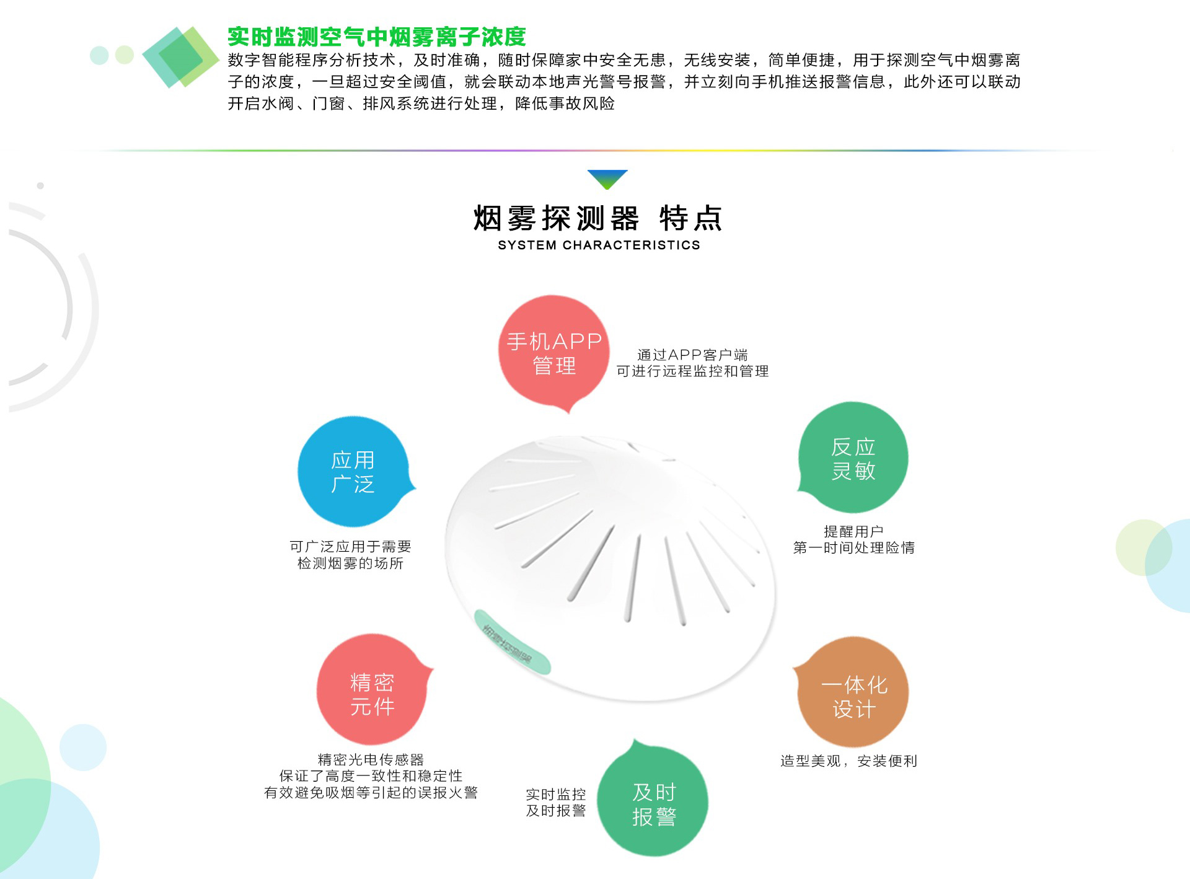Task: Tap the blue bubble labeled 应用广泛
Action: pyautogui.click(x=353, y=472)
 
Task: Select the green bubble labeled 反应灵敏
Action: pyautogui.click(x=853, y=458)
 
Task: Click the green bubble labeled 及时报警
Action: pyautogui.click(x=653, y=803)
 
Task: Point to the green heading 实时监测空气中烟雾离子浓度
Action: pyautogui.click(x=376, y=37)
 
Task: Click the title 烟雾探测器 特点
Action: pyautogui.click(x=598, y=218)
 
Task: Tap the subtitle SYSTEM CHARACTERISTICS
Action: pyautogui.click(x=599, y=245)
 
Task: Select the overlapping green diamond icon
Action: pyautogui.click(x=180, y=57)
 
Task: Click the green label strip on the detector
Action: pyautogui.click(x=512, y=642)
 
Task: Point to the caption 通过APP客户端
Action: pyautogui.click(x=692, y=355)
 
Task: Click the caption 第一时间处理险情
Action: pyautogui.click(x=853, y=548)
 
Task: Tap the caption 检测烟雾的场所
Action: pyautogui.click(x=350, y=563)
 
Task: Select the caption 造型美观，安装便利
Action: pyautogui.click(x=848, y=761)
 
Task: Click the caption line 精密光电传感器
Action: pyautogui.click(x=371, y=759)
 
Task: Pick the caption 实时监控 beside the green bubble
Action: pyautogui.click(x=555, y=794)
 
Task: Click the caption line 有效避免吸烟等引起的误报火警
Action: pyautogui.click(x=371, y=793)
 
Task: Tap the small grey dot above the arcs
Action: pyautogui.click(x=40, y=185)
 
